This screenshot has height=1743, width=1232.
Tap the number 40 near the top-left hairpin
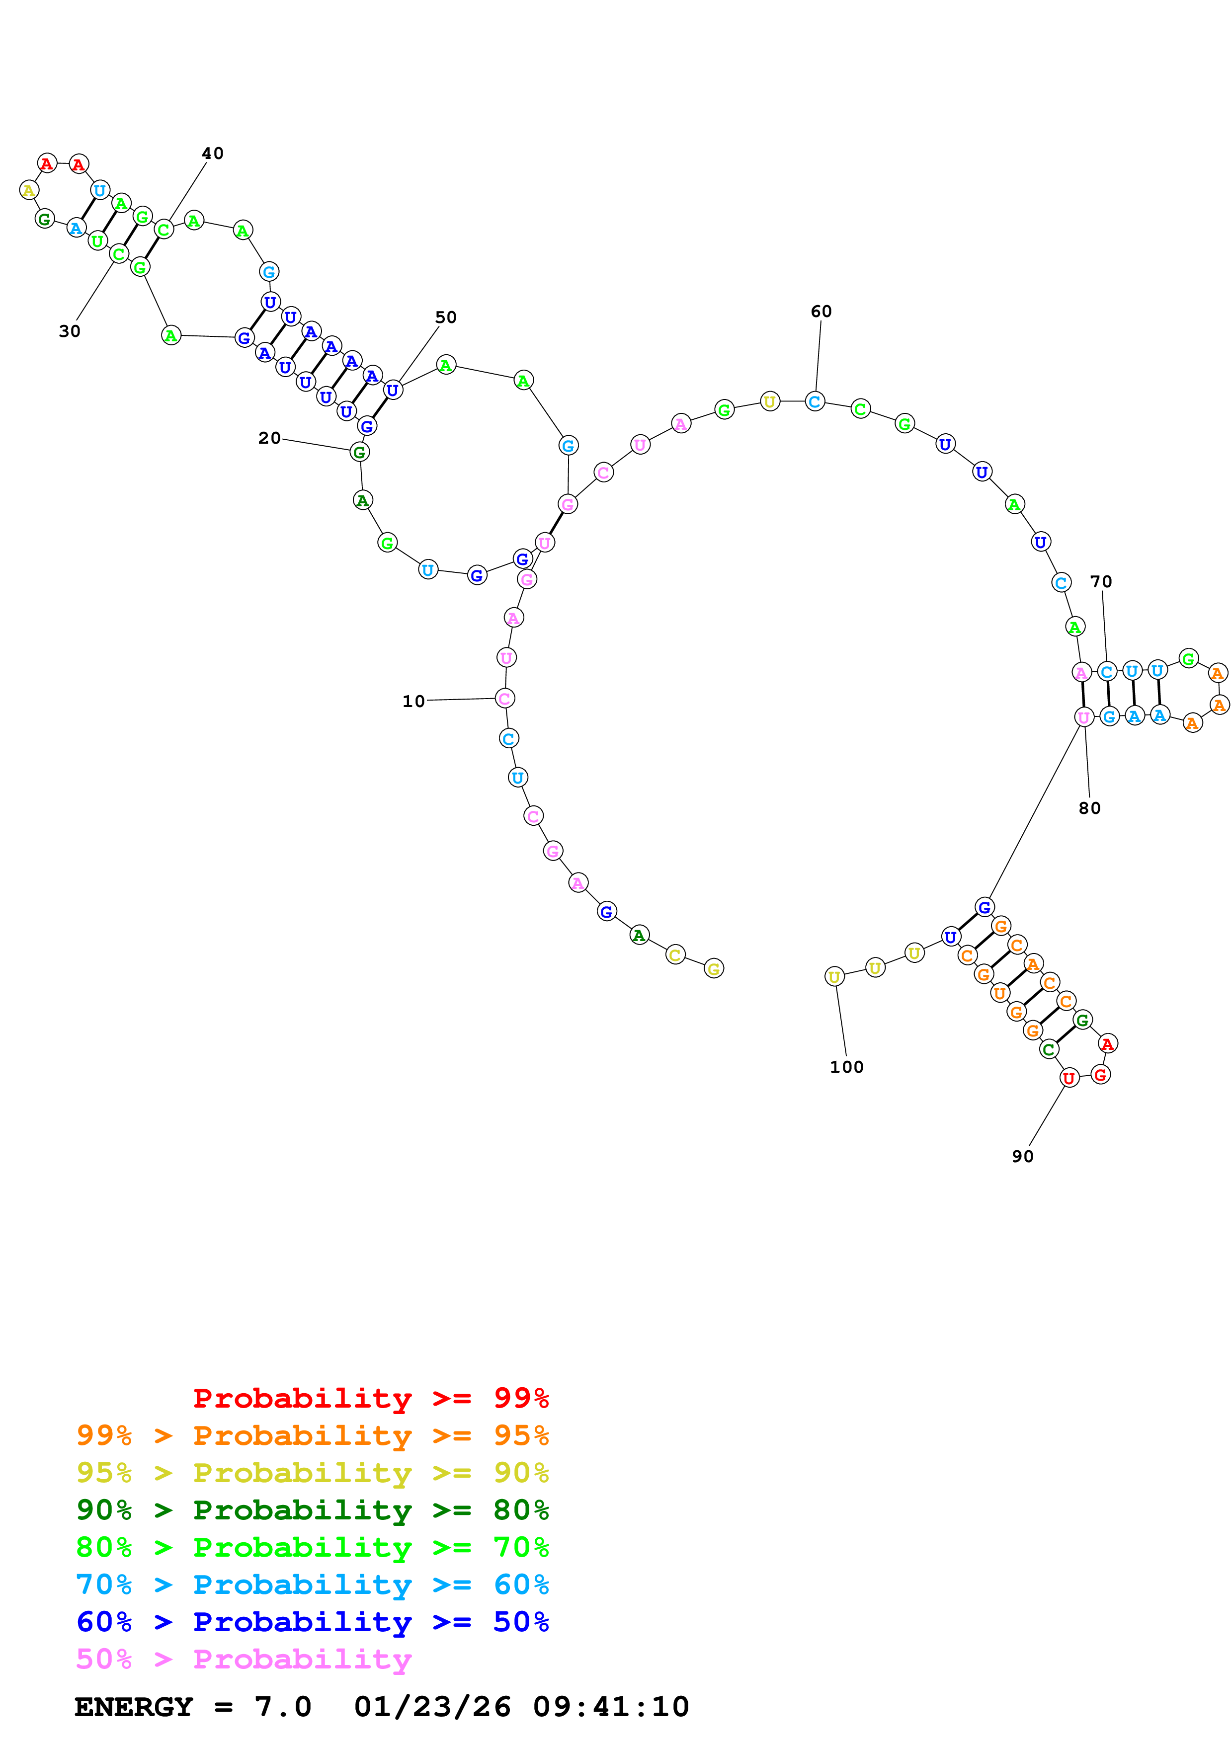pyautogui.click(x=213, y=154)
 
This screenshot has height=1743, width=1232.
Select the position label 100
pyautogui.click(x=846, y=1067)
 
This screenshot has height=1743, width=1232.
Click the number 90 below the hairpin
pyautogui.click(x=1022, y=1156)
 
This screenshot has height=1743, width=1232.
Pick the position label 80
pyautogui.click(x=1089, y=808)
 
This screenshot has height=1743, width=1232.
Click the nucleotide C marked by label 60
pyautogui.click(x=815, y=401)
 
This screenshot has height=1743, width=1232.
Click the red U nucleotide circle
pyautogui.click(x=1069, y=1078)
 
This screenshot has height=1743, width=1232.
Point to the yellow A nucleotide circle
pyautogui.click(x=29, y=190)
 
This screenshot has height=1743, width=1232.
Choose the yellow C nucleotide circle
pyautogui.click(x=675, y=954)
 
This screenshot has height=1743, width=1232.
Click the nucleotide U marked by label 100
pyautogui.click(x=834, y=977)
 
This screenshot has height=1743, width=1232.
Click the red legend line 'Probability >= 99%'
pyautogui.click(x=370, y=1398)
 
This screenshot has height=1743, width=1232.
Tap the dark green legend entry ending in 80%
pyautogui.click(x=312, y=1510)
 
